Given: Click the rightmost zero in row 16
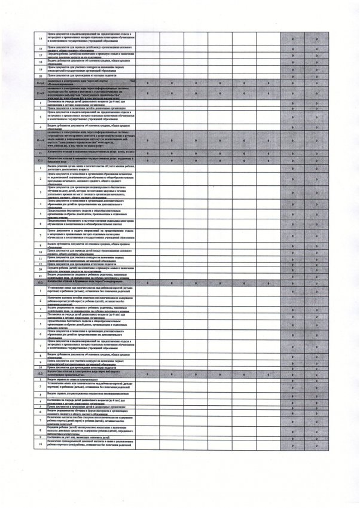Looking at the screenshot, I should [x=316, y=48].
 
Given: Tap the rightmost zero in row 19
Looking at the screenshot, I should [x=316, y=69].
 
